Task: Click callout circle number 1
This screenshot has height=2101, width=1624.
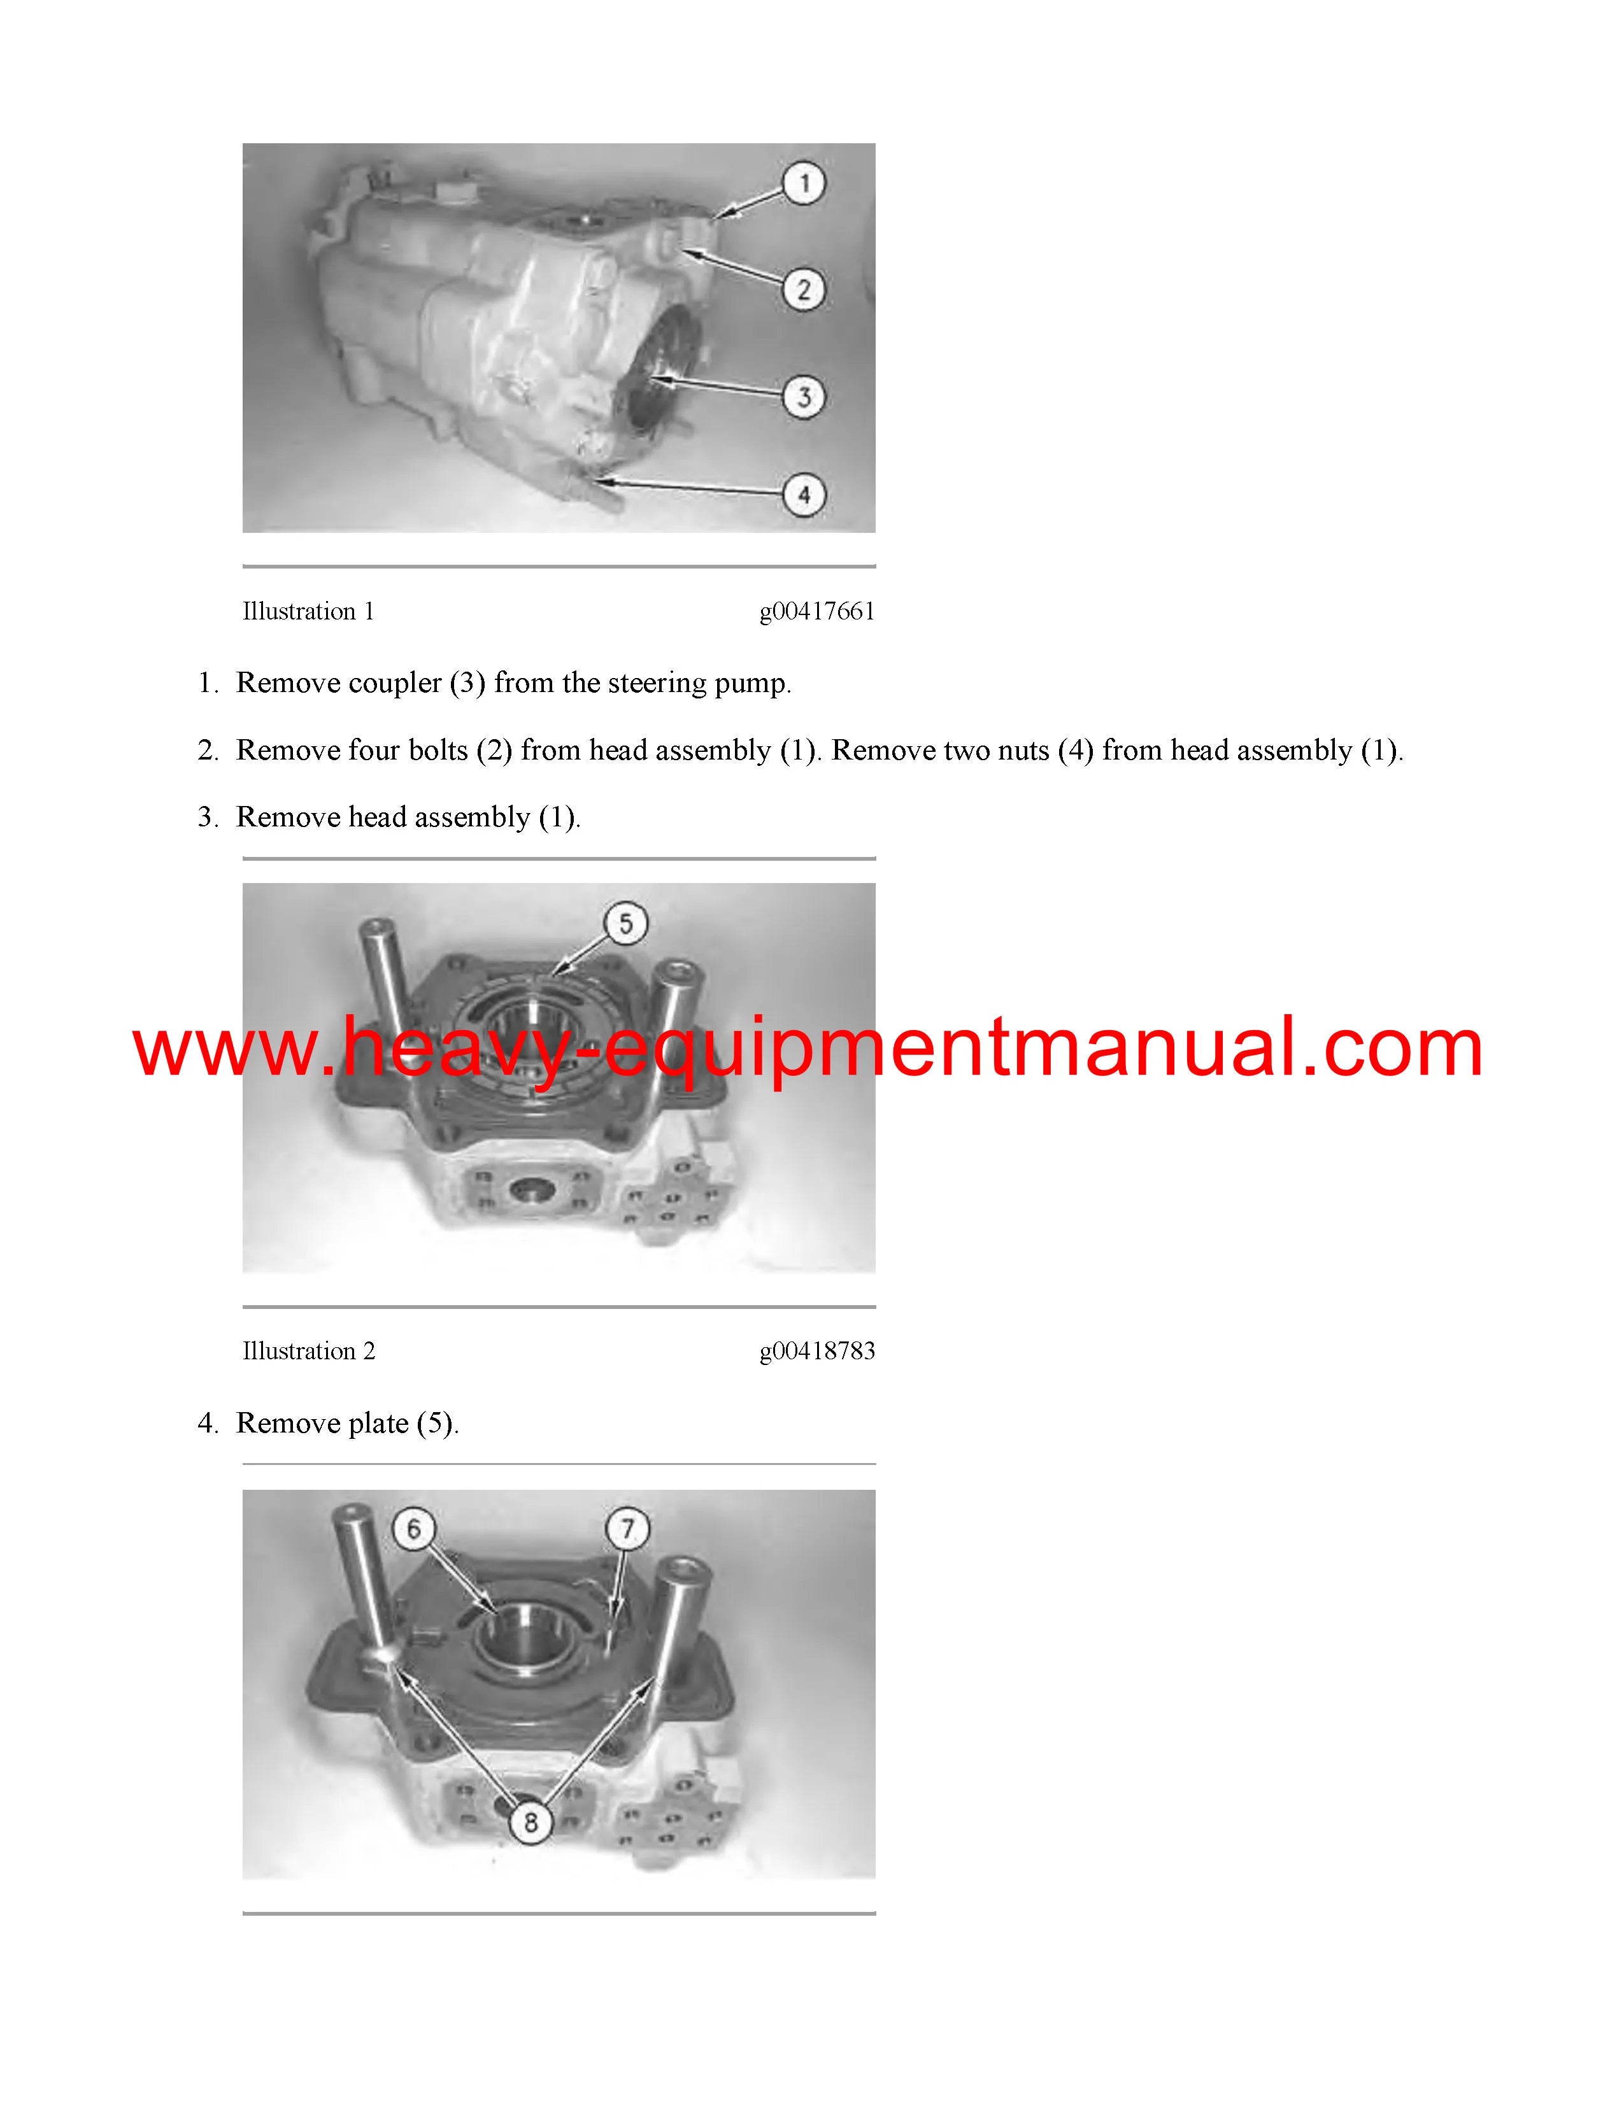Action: point(804,183)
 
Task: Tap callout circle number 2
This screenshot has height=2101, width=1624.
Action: point(804,288)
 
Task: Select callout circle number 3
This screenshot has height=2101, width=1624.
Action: point(804,395)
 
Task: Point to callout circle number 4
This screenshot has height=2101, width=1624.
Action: point(804,495)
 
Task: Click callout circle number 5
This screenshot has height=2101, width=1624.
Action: point(625,924)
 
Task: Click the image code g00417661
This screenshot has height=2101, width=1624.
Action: point(817,612)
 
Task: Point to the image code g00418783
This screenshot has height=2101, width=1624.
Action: point(817,1352)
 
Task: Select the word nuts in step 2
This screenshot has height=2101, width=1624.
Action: point(1016,751)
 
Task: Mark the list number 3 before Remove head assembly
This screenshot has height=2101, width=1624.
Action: point(208,817)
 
